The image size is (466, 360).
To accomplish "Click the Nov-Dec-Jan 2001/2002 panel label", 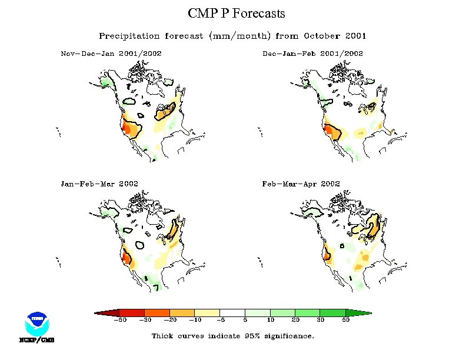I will (x=111, y=54).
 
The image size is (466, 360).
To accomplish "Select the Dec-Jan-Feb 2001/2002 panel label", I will (x=312, y=54).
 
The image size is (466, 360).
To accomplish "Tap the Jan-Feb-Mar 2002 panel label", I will (x=99, y=184).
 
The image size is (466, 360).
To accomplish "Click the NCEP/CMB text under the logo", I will (x=36, y=340).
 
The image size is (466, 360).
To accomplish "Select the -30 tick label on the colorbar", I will (x=144, y=320).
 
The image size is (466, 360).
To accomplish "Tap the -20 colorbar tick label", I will (x=169, y=320).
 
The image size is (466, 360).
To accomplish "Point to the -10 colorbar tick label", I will (x=195, y=320).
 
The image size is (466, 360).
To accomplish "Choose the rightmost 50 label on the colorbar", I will (x=346, y=320).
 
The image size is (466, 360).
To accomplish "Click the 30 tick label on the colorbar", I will (x=321, y=320).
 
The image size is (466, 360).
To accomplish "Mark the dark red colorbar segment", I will (x=132, y=312).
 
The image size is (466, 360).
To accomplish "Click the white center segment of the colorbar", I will (x=232, y=312).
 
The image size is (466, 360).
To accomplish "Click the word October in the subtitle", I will (x=318, y=36).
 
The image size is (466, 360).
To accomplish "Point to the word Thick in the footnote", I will (x=163, y=336).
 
